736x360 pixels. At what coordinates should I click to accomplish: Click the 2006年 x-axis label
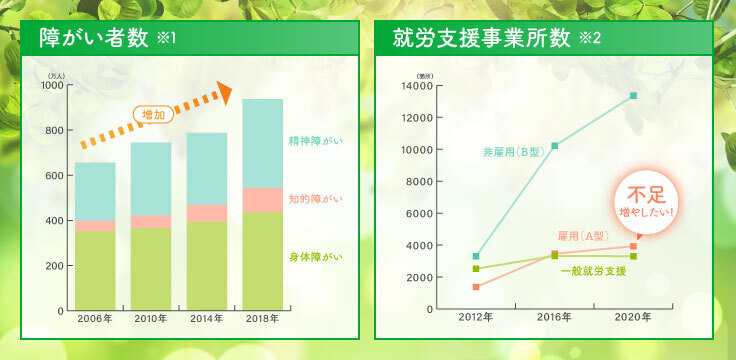pyautogui.click(x=94, y=319)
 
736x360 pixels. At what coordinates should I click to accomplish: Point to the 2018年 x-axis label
pyautogui.click(x=262, y=319)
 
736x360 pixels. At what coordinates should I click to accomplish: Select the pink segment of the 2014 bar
pyautogui.click(x=206, y=213)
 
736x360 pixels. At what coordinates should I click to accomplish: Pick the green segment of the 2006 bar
pyautogui.click(x=94, y=270)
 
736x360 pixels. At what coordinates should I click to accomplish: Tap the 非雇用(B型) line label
pyautogui.click(x=511, y=152)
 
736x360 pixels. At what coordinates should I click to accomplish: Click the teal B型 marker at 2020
pyautogui.click(x=633, y=96)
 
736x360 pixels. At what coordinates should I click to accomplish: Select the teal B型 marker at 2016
pyautogui.click(x=555, y=146)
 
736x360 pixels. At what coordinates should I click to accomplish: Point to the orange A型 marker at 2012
pyautogui.click(x=476, y=287)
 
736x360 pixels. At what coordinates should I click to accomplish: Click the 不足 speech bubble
pyautogui.click(x=645, y=203)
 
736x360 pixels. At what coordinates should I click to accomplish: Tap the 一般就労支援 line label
pyautogui.click(x=593, y=271)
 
